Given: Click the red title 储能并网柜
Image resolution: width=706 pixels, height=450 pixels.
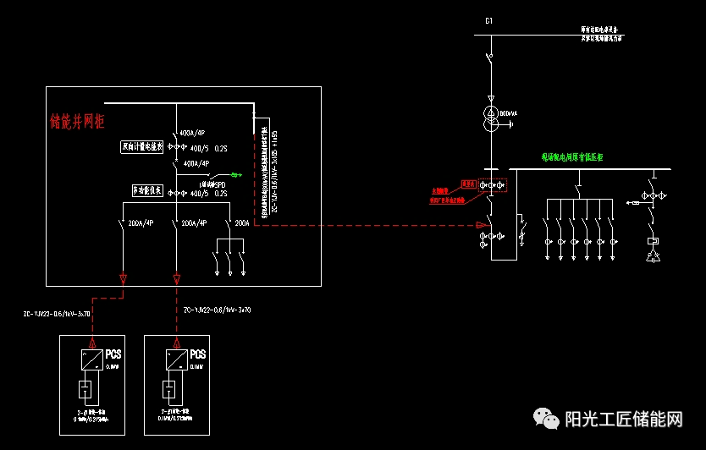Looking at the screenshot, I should (x=77, y=122).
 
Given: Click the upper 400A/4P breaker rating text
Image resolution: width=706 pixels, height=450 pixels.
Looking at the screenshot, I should (x=192, y=134).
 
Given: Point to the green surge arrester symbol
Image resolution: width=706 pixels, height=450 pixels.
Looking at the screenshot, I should (x=235, y=176).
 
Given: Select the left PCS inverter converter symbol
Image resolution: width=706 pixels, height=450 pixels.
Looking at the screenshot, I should (x=87, y=361).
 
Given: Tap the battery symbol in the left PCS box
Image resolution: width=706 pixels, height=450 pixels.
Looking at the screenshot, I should (x=86, y=390).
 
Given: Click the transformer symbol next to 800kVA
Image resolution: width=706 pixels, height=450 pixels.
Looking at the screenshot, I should (x=489, y=118).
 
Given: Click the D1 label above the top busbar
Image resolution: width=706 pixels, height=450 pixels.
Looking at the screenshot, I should (x=488, y=19).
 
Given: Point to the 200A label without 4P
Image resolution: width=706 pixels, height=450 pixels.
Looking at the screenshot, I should (x=242, y=223).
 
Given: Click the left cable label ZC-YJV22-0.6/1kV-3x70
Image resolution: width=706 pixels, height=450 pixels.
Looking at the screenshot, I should (x=58, y=314).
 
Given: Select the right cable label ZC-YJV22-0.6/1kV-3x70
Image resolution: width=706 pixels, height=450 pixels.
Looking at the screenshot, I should (x=218, y=310).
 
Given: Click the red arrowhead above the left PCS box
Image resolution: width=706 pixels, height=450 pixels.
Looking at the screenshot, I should (x=124, y=278).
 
